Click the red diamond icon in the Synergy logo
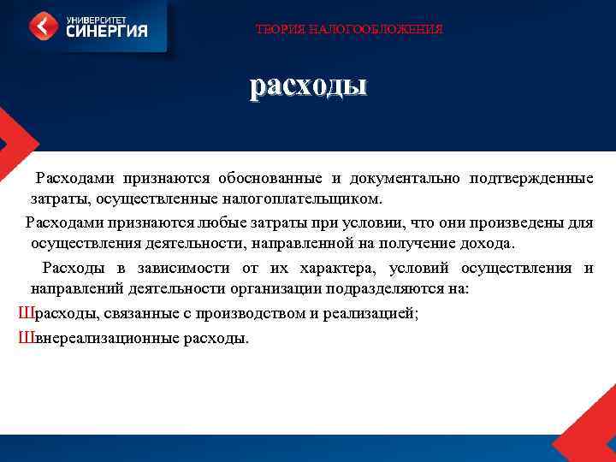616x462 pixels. point(44,26)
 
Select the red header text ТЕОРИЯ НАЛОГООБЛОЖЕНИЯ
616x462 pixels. point(349,30)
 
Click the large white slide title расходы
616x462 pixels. point(308,86)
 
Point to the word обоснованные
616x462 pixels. point(268,178)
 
